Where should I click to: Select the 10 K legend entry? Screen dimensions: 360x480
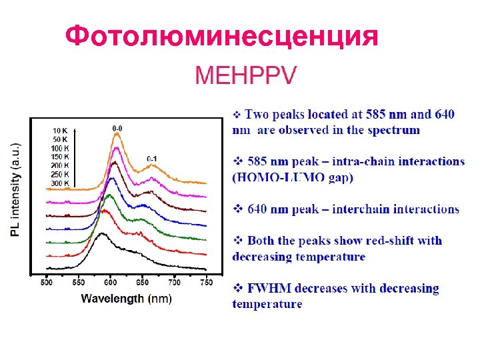pyautogui.click(x=60, y=130)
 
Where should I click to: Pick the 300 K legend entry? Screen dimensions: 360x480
pyautogui.click(x=60, y=182)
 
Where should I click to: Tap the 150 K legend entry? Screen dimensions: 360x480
pyautogui.click(x=60, y=156)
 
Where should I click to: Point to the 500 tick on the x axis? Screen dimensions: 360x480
pyautogui.click(x=46, y=283)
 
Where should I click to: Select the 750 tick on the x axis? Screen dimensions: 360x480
pyautogui.click(x=207, y=283)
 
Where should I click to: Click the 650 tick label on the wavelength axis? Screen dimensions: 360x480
pyautogui.click(x=143, y=283)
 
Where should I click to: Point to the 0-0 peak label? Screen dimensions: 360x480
pyautogui.click(x=117, y=127)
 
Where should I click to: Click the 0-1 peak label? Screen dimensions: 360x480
pyautogui.click(x=152, y=158)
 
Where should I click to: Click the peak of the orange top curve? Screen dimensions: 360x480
pyautogui.click(x=117, y=134)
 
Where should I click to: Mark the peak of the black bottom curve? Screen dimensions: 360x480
pyautogui.click(x=102, y=234)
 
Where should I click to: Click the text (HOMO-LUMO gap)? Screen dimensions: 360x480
pyautogui.click(x=293, y=177)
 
